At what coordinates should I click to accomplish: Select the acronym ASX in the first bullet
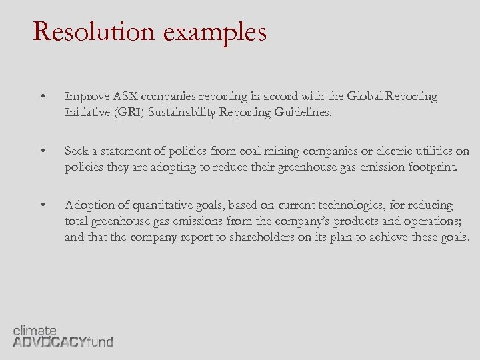pos(125,97)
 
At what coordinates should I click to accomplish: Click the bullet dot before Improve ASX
pos(43,97)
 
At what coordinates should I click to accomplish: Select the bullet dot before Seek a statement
pos(43,151)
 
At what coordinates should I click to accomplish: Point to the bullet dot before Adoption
pos(43,205)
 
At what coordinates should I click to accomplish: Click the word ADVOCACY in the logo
pos(50,342)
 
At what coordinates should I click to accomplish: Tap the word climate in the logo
pos(35,330)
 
